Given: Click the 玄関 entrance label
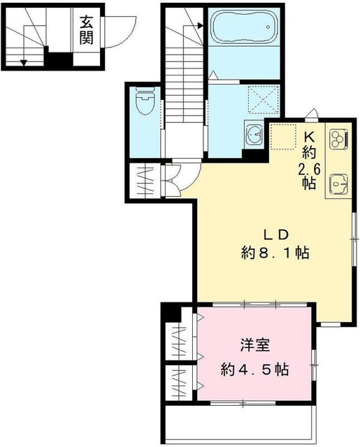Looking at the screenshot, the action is (86, 30).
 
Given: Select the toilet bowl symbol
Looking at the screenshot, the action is (145, 101).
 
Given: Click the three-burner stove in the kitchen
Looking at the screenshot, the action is (338, 139).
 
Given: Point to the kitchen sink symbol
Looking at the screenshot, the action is (338, 183).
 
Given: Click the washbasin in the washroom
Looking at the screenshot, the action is (254, 134).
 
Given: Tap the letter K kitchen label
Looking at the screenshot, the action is (309, 138).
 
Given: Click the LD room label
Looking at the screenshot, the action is (276, 235).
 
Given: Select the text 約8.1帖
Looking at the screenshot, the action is (275, 253).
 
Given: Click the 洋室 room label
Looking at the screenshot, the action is (254, 346).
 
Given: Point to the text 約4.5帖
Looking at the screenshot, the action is (254, 369).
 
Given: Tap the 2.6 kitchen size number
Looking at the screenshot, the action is (309, 170).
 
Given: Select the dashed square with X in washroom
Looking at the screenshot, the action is (263, 100).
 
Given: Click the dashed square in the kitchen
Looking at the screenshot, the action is (283, 137).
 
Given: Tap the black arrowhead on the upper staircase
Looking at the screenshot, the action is (201, 26).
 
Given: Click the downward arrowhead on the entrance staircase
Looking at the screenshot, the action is (24, 63).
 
